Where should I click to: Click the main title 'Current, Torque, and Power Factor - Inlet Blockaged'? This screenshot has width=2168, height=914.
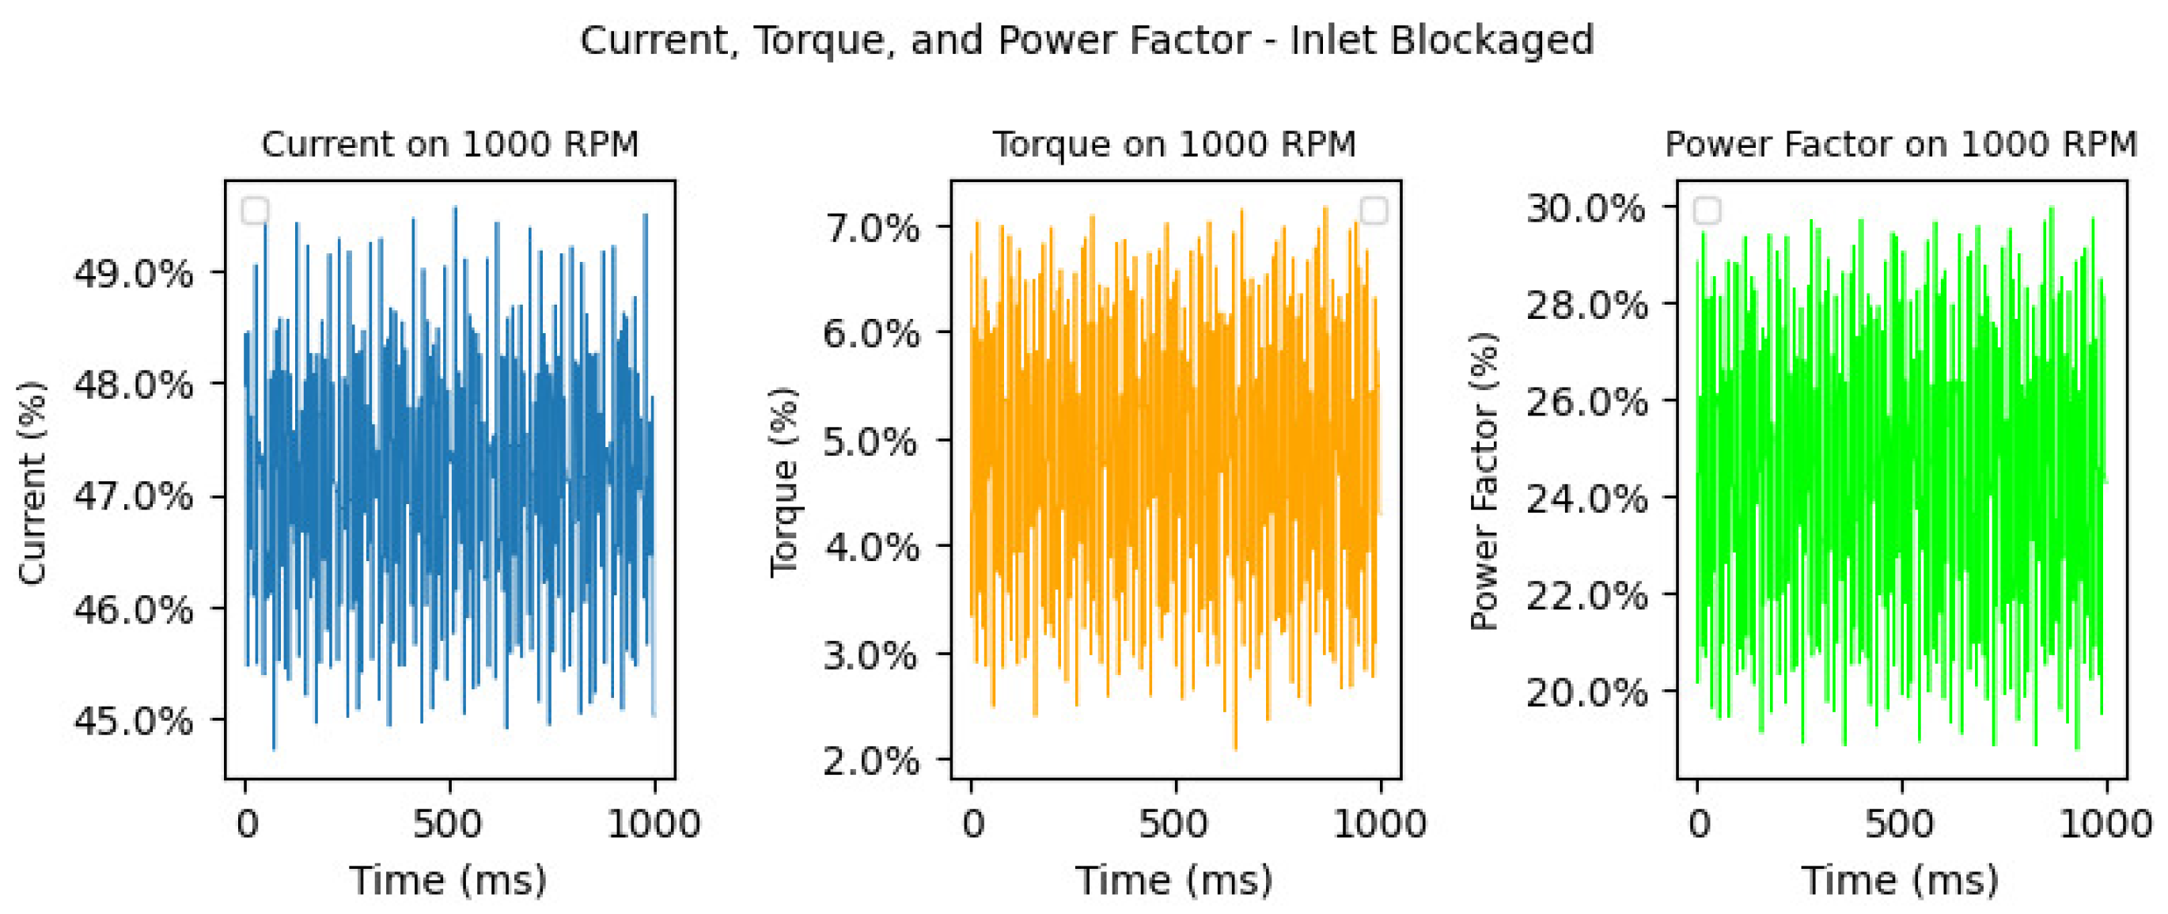tap(1086, 40)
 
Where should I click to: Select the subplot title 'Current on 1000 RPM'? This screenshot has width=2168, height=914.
tap(450, 145)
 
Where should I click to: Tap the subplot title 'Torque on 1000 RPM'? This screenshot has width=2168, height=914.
tap(1175, 145)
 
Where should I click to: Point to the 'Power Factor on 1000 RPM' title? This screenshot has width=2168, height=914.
tap(1901, 145)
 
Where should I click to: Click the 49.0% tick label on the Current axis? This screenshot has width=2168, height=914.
tap(134, 274)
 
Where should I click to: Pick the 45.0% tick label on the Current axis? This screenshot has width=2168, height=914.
tap(134, 721)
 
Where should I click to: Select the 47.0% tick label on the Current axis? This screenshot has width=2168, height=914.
tap(134, 496)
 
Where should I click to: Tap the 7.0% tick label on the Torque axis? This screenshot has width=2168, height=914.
tap(872, 228)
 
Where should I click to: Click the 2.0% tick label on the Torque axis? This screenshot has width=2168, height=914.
tap(872, 760)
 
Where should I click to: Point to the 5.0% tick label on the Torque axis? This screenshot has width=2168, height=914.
tap(872, 441)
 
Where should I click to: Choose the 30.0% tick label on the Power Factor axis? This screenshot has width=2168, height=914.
tap(1586, 207)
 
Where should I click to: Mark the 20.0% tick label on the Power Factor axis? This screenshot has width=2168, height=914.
tap(1586, 692)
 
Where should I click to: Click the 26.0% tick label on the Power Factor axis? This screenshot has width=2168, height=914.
tap(1586, 401)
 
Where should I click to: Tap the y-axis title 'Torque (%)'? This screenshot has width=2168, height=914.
tap(783, 482)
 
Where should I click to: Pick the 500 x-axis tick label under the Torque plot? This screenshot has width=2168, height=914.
tap(1175, 823)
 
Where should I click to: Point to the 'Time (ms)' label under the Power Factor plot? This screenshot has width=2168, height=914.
tap(1901, 880)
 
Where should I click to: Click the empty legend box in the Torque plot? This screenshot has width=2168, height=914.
tap(1374, 210)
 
